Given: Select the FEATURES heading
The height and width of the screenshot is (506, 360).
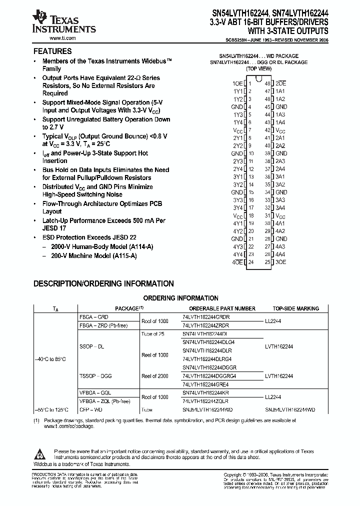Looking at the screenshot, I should [x=52, y=51].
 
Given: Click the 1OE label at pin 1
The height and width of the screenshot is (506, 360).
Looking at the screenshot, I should [x=237, y=83].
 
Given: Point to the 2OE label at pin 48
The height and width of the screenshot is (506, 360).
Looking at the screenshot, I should [x=281, y=83].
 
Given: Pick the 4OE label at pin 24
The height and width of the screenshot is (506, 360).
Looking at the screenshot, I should [x=237, y=262].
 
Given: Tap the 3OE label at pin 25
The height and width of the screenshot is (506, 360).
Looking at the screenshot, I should [x=281, y=262].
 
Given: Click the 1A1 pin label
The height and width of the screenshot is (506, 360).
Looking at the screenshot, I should [x=280, y=91].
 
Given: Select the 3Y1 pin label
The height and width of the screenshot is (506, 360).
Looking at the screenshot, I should [x=237, y=176].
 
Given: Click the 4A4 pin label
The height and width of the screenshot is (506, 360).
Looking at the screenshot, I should [x=280, y=254].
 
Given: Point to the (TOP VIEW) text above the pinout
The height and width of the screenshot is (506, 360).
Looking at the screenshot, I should [x=258, y=68].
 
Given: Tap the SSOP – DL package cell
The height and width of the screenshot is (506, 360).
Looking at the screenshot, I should [x=93, y=346].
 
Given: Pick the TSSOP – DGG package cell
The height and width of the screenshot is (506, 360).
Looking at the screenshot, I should [x=95, y=376].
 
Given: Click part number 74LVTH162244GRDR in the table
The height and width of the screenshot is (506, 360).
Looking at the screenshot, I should [x=205, y=317].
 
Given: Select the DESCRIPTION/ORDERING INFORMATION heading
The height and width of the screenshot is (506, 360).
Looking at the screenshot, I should [x=103, y=283].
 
